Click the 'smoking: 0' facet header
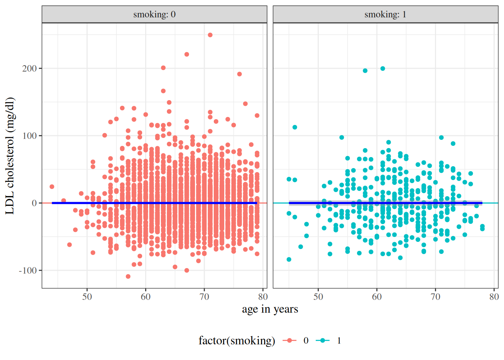click(154, 15)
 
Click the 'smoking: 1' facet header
click(385, 15)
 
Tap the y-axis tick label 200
click(29, 69)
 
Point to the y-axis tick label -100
click(28, 270)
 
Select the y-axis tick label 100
click(29, 136)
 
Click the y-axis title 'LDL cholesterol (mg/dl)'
click(10, 156)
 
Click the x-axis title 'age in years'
click(270, 309)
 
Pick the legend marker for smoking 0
click(289, 340)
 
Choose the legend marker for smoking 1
click(322, 340)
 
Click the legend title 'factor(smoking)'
click(237, 340)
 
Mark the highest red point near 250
click(210, 35)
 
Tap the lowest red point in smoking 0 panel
click(128, 276)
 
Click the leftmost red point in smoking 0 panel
click(52, 187)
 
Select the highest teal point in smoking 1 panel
click(382, 69)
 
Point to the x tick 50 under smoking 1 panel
click(318, 297)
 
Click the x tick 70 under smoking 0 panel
click(204, 297)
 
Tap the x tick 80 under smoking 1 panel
click(494, 297)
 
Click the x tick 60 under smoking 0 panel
click(145, 297)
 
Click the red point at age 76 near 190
click(239, 74)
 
